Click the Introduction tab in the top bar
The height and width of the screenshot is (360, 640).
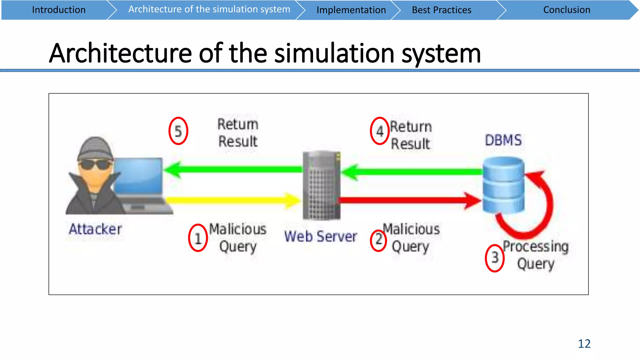[58, 10]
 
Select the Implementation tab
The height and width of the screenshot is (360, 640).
[351, 10]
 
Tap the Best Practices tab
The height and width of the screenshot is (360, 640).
[441, 10]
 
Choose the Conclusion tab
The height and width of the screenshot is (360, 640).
[567, 10]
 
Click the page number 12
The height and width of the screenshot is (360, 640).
[584, 344]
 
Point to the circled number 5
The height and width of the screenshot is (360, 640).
[178, 131]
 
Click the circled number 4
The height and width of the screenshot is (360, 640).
[380, 131]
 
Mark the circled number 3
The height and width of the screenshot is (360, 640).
[495, 258]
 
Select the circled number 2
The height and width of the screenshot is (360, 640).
[378, 240]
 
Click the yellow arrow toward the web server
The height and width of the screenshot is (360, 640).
[231, 200]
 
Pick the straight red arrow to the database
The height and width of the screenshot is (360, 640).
[406, 200]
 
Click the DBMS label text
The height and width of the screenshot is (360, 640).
[503, 140]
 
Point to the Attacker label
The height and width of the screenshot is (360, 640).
[95, 229]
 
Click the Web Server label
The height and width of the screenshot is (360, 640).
[320, 236]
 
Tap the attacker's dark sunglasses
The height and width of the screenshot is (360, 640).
[94, 164]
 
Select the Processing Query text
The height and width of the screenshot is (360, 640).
[536, 255]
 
